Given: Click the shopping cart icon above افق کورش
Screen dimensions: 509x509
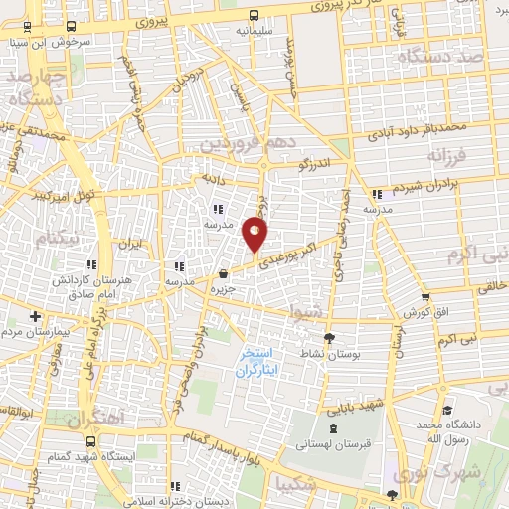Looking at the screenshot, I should [x=425, y=295].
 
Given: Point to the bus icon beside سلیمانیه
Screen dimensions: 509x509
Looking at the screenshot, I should [x=254, y=15].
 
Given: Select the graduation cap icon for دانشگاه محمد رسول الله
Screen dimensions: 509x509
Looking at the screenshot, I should [x=447, y=410].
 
